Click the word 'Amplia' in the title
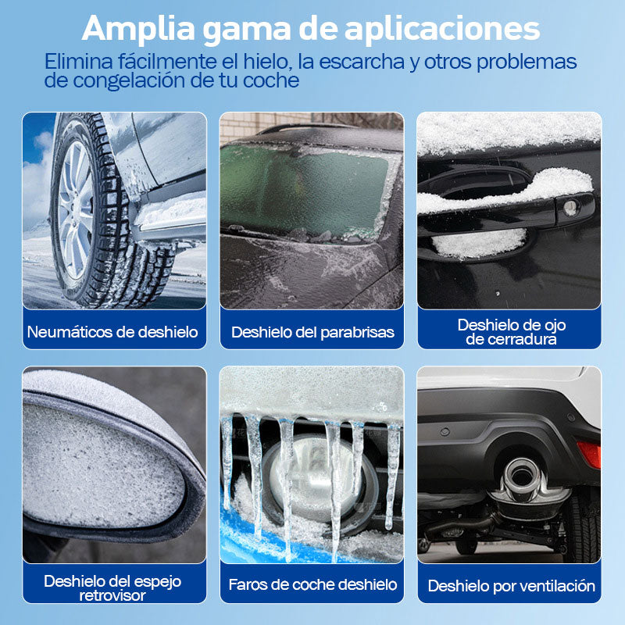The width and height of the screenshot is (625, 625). pos(138,29)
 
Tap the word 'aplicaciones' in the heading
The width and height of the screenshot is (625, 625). pos(442,29)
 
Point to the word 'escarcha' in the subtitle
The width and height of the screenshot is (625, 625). pos(362,62)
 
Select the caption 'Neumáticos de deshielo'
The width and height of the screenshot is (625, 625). pos(112,332)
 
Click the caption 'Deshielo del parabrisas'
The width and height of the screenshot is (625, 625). pos(312,332)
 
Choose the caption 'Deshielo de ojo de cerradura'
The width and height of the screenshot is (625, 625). pos(512,332)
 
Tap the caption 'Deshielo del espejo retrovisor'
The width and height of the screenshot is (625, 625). pos(112,588)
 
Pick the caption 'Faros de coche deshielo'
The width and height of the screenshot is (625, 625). pos(312,584)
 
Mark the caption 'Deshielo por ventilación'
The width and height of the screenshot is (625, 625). pos(512,586)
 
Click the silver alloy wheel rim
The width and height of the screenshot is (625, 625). pos(76,209)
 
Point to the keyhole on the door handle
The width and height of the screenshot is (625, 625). pos(571,208)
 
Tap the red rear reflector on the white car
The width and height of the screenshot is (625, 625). pos(589,454)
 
